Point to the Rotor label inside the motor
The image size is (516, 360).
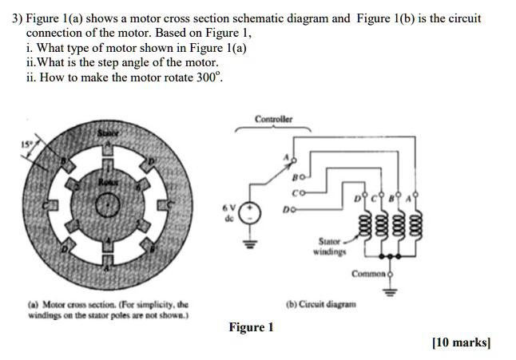[106, 183]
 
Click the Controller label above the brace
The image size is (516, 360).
[274, 120]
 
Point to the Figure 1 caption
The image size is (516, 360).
[251, 327]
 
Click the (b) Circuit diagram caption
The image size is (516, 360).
[323, 304]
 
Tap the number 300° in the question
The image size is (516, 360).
[209, 78]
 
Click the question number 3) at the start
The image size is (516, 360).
[17, 18]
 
